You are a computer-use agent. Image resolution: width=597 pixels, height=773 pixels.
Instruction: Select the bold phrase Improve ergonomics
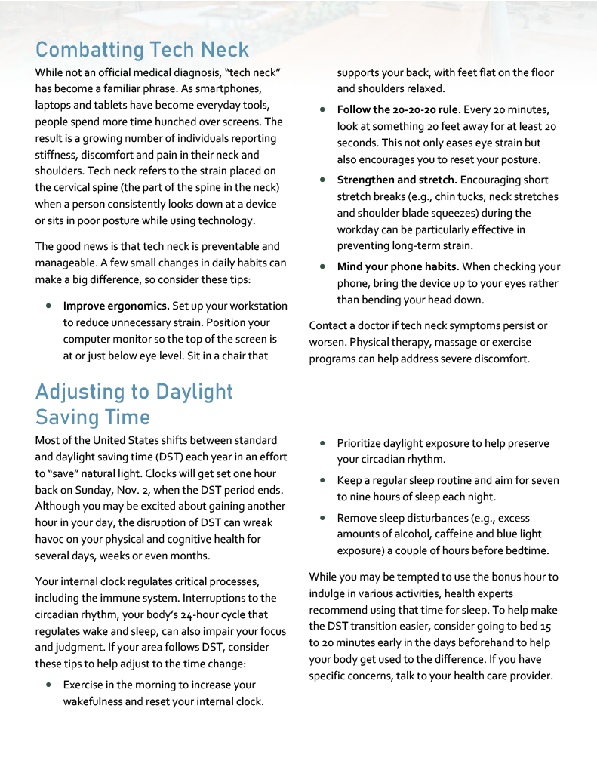(115, 306)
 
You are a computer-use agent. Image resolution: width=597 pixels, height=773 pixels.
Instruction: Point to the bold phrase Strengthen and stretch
(397, 180)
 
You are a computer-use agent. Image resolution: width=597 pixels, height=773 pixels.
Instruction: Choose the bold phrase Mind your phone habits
(398, 266)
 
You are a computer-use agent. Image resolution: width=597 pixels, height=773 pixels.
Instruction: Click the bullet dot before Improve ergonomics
(48, 306)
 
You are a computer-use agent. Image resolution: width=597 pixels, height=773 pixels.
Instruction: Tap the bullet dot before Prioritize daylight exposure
(322, 444)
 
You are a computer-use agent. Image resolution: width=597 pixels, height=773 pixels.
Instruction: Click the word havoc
(51, 540)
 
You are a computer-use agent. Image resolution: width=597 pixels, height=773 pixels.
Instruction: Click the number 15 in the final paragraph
(546, 627)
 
